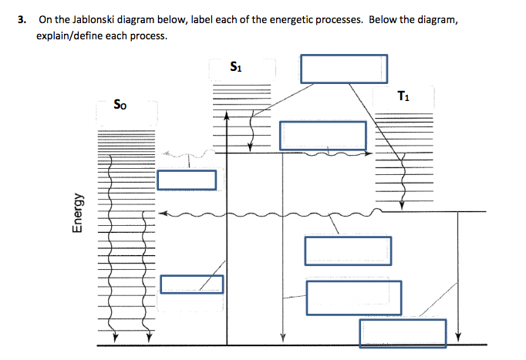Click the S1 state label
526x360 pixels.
coord(237,66)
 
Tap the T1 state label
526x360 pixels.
coord(403,96)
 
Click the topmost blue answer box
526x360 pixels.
coord(344,68)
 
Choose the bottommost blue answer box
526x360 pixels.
coord(403,332)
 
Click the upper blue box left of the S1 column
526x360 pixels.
coord(187,180)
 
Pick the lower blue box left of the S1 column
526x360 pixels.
coord(192,284)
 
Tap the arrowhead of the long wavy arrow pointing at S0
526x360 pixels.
coord(161,213)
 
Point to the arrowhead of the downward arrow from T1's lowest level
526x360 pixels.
coord(457,336)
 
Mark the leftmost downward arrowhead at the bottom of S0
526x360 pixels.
coord(114,337)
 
